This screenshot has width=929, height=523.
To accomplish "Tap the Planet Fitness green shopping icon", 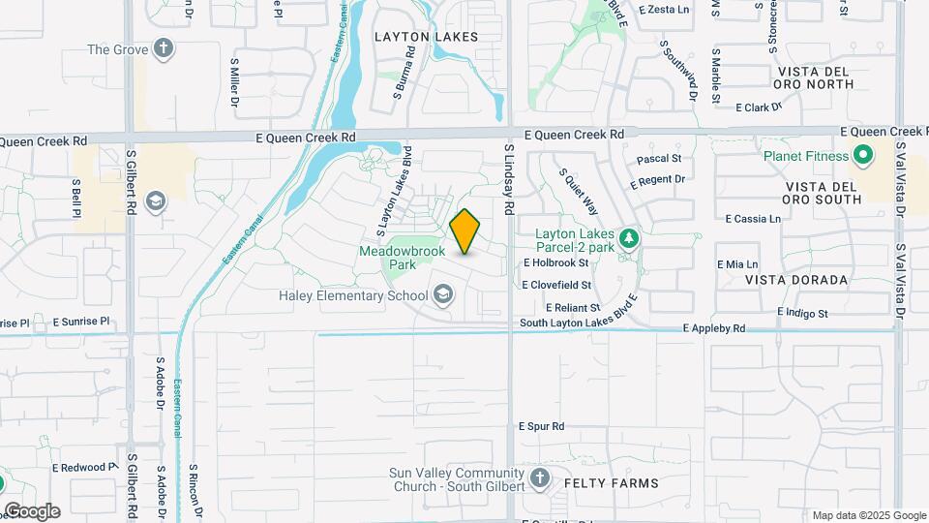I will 861,155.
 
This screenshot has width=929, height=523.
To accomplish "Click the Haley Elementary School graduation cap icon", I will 443,293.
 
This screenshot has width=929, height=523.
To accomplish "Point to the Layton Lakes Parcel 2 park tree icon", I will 629,237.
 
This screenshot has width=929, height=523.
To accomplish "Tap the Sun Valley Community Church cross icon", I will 540,477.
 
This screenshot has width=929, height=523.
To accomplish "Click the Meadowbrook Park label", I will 402,257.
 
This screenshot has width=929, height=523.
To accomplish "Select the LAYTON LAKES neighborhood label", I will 426,37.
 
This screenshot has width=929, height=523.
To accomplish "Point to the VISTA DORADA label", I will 796,280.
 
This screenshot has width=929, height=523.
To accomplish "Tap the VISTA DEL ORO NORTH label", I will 814,77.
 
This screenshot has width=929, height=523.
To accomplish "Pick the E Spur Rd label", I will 541,426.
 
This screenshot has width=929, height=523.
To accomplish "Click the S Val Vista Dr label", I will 900,179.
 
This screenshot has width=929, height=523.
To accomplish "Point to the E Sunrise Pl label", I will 81,321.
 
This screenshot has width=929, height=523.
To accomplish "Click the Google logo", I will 32,510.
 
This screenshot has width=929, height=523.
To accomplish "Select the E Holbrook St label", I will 555,262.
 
